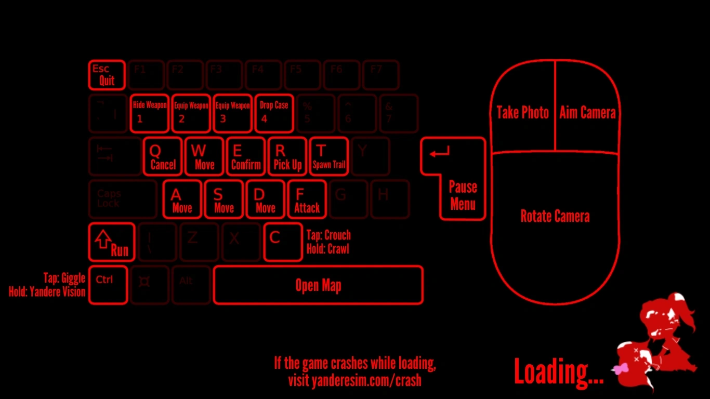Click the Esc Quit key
click(x=107, y=75)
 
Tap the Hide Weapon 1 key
click(x=150, y=113)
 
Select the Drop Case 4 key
click(x=274, y=113)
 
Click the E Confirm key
click(x=246, y=156)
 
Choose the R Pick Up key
click(x=287, y=156)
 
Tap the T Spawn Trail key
click(x=328, y=156)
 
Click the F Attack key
click(x=307, y=199)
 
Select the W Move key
click(x=204, y=156)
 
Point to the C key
click(x=283, y=242)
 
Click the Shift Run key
click(x=112, y=242)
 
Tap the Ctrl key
click(x=108, y=285)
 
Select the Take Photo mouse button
click(x=522, y=112)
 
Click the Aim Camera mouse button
click(x=587, y=112)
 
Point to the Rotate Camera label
click(x=555, y=216)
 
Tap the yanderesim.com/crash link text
click(x=354, y=380)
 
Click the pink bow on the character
click(x=621, y=369)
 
